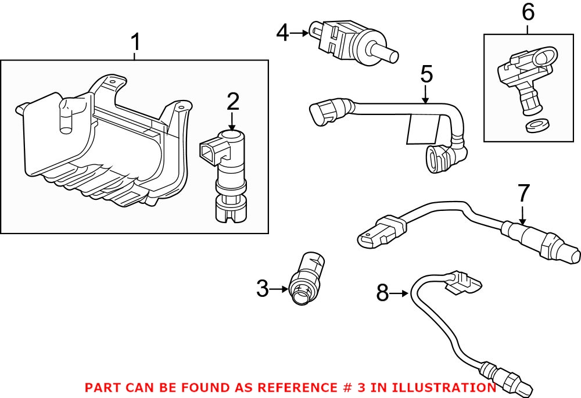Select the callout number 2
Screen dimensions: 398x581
point(232,102)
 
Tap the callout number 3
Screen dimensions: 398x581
point(263,288)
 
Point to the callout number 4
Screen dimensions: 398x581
point(282,33)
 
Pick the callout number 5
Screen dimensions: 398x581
point(426,74)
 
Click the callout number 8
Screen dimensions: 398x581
point(382,293)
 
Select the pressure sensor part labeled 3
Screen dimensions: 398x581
point(309,278)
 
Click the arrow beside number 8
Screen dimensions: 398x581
point(400,293)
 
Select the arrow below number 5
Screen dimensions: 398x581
point(426,96)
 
